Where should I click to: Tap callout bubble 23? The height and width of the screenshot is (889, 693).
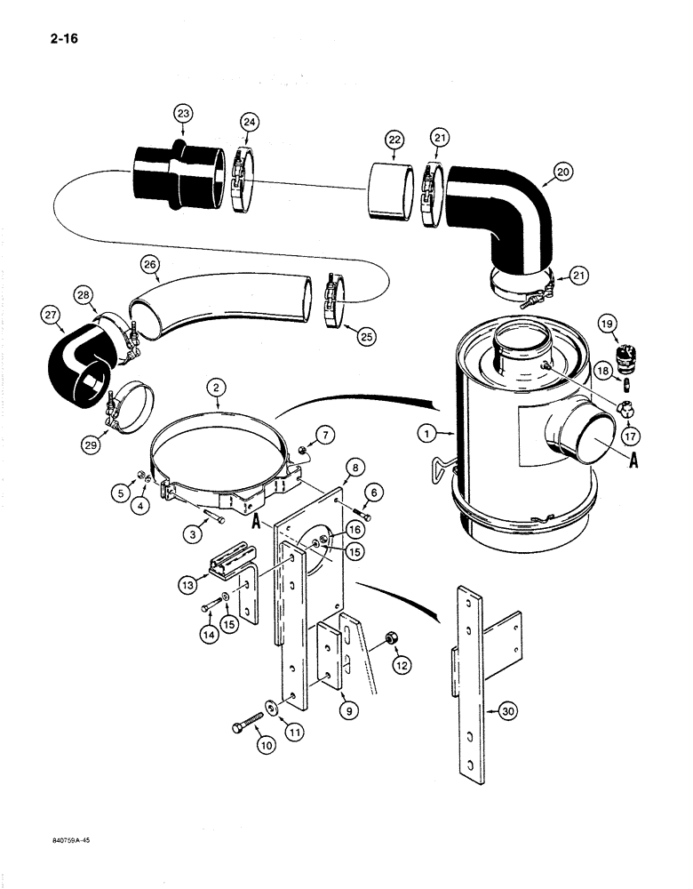click(182, 113)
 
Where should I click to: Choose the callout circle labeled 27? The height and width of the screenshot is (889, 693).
click(49, 313)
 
